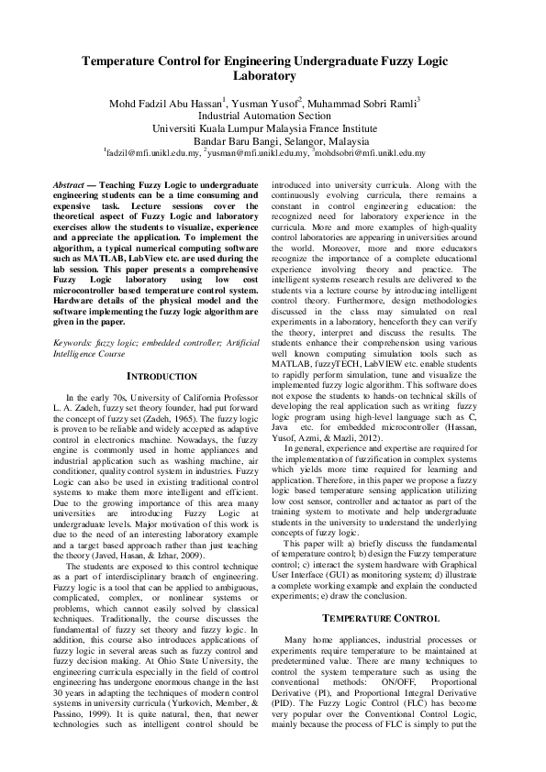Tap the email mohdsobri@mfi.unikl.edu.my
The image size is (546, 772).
pos(371,154)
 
